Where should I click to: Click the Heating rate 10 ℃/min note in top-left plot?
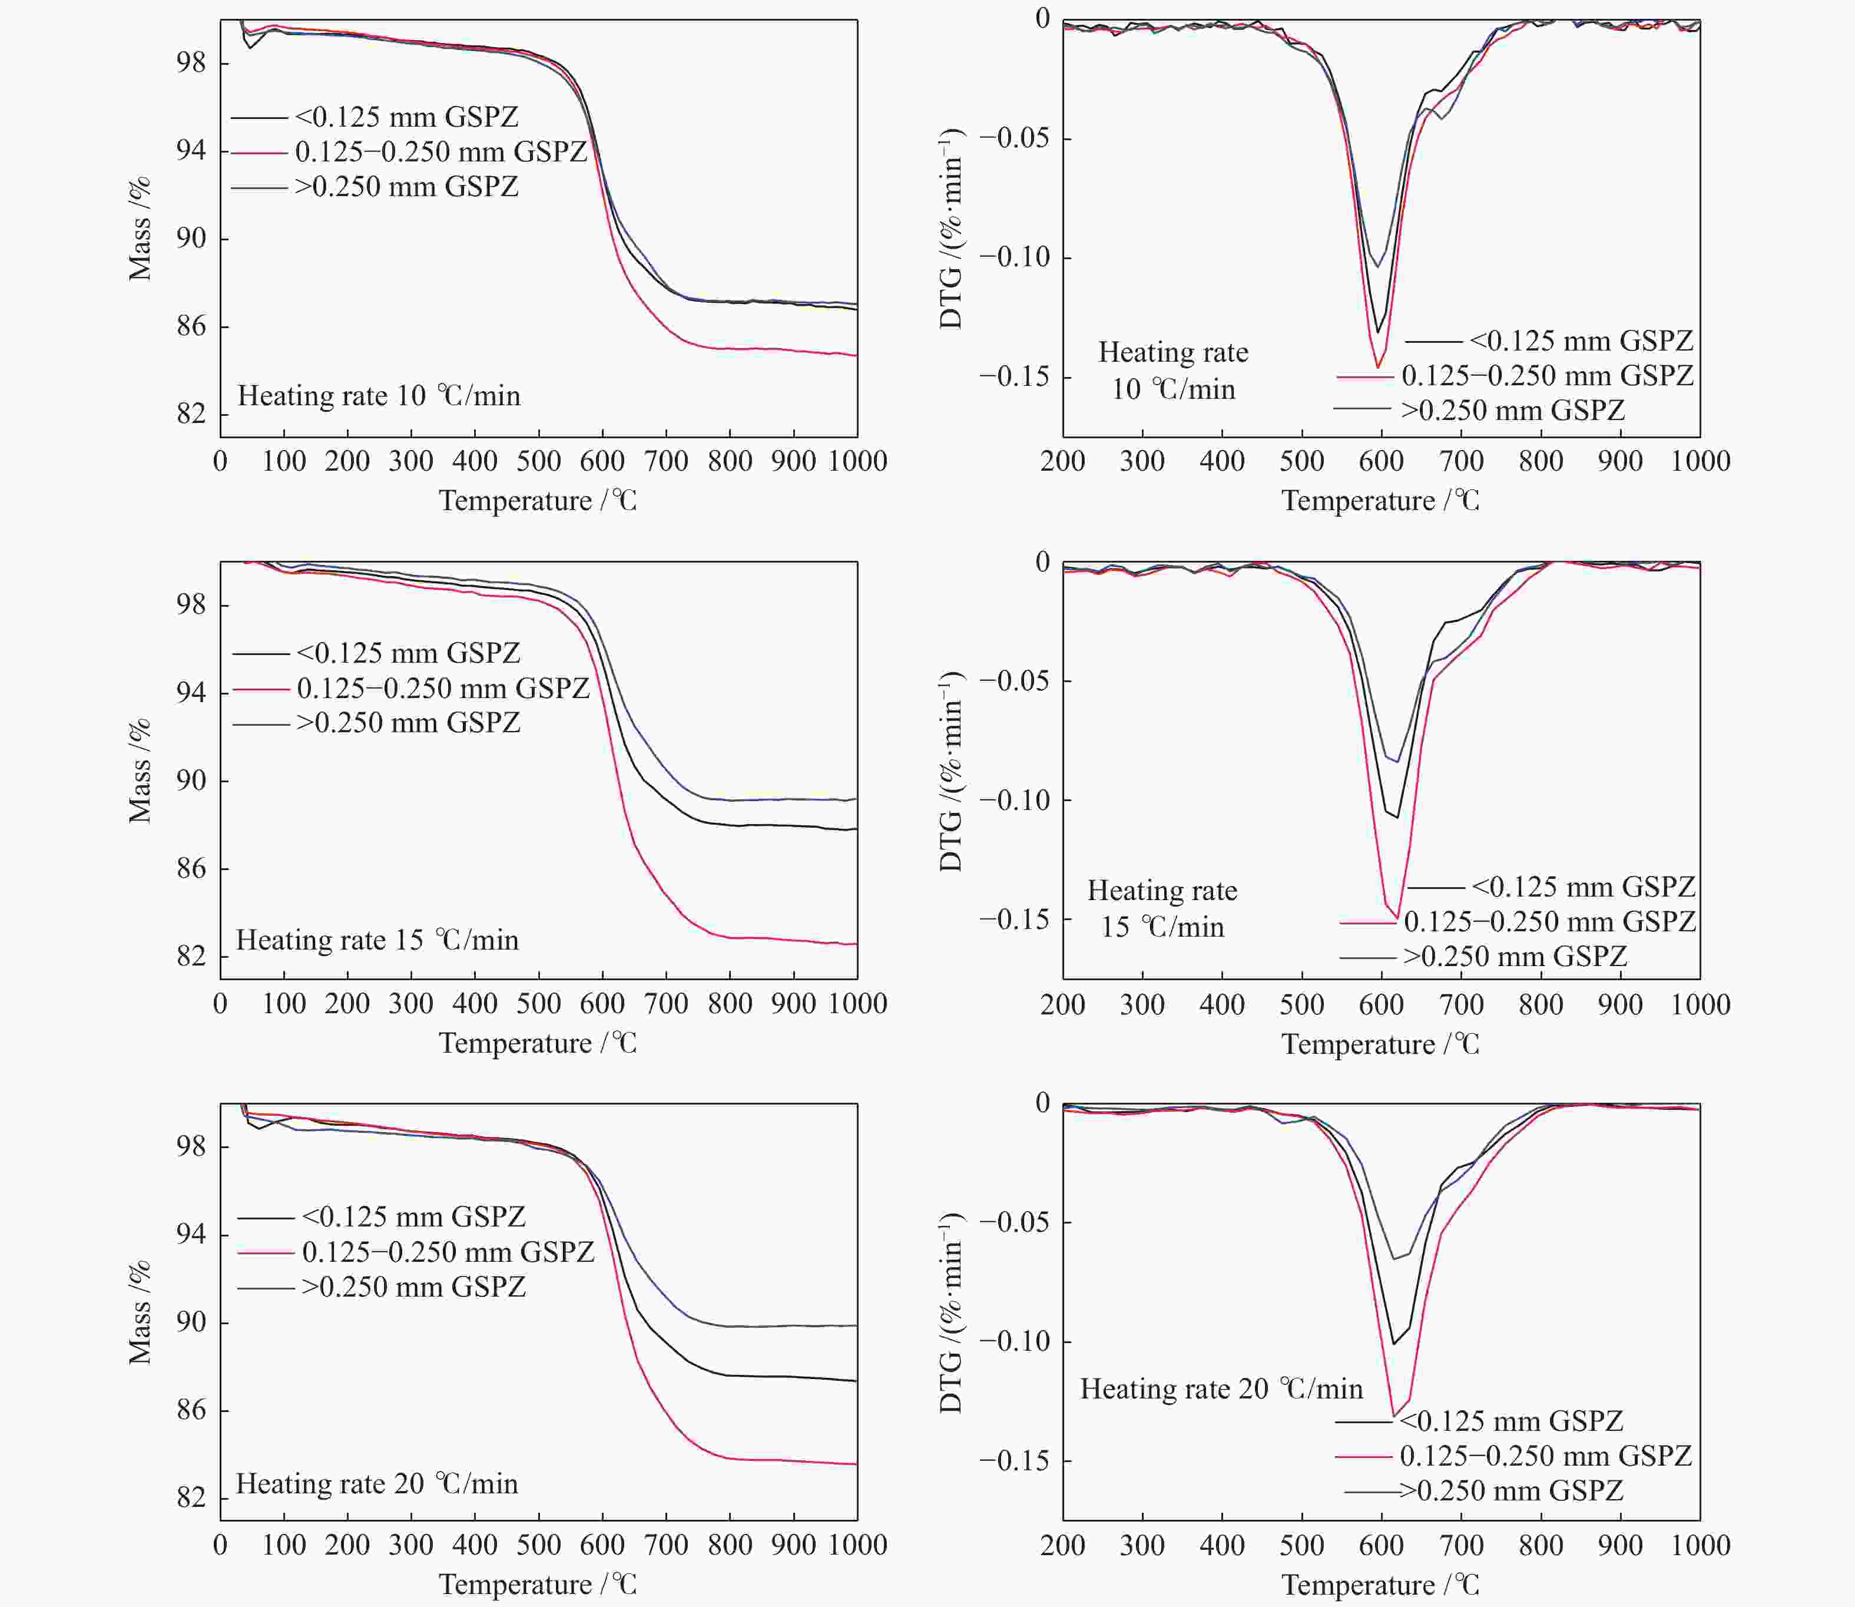378,395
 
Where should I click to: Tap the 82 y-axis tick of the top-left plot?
191,414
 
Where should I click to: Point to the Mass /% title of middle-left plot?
139,771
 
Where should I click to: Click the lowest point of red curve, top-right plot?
1378,367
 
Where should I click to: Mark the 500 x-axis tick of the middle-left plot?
538,1003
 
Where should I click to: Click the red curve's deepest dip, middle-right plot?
1397,917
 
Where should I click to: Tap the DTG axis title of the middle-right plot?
950,771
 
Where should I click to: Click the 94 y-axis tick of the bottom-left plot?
191,1235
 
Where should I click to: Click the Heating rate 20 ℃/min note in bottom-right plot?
1221,1389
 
